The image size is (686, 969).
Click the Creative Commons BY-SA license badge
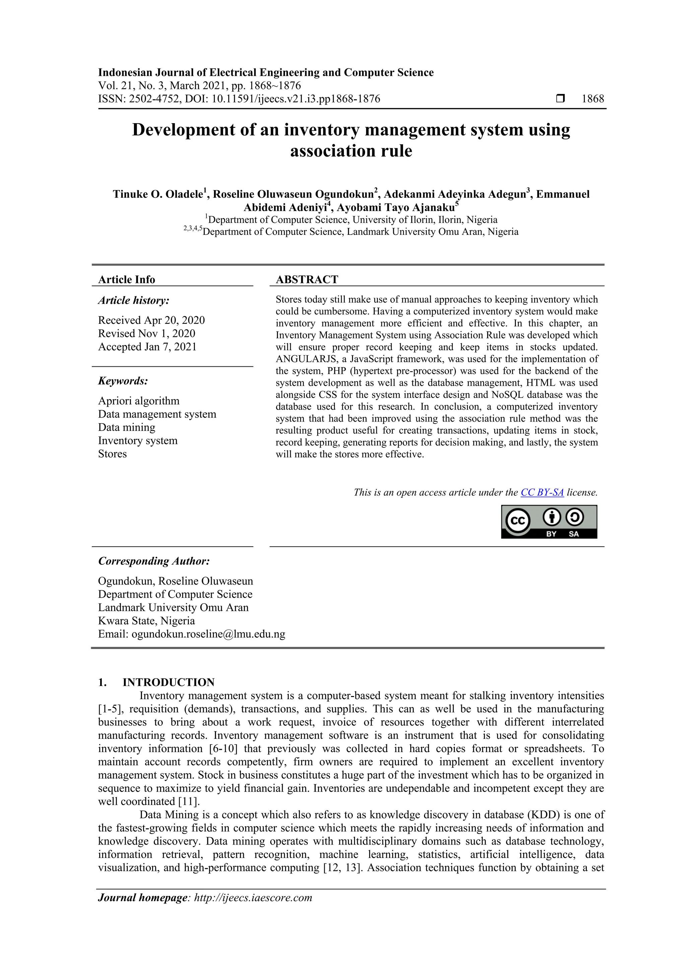549,522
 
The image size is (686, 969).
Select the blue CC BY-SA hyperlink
542,493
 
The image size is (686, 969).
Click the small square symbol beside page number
560,99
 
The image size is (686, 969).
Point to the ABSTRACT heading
307,279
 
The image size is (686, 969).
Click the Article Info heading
126,279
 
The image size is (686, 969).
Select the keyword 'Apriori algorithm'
139,401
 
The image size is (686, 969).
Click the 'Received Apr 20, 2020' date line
151,320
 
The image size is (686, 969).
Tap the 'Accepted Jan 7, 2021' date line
147,347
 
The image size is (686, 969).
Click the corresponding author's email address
208,634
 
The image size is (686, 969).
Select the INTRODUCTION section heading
168,683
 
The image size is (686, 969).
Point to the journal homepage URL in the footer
253,898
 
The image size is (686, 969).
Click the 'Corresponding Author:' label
154,561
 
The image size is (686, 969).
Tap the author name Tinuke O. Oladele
157,194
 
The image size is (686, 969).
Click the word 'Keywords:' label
123,381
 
